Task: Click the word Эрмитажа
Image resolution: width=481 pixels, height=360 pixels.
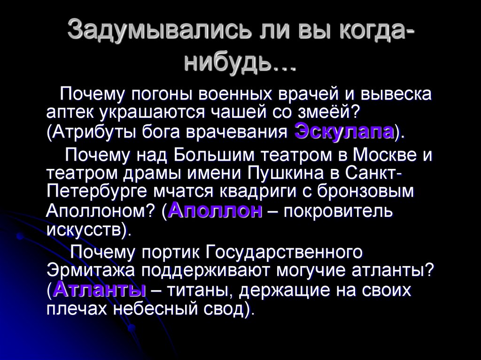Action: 90,271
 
